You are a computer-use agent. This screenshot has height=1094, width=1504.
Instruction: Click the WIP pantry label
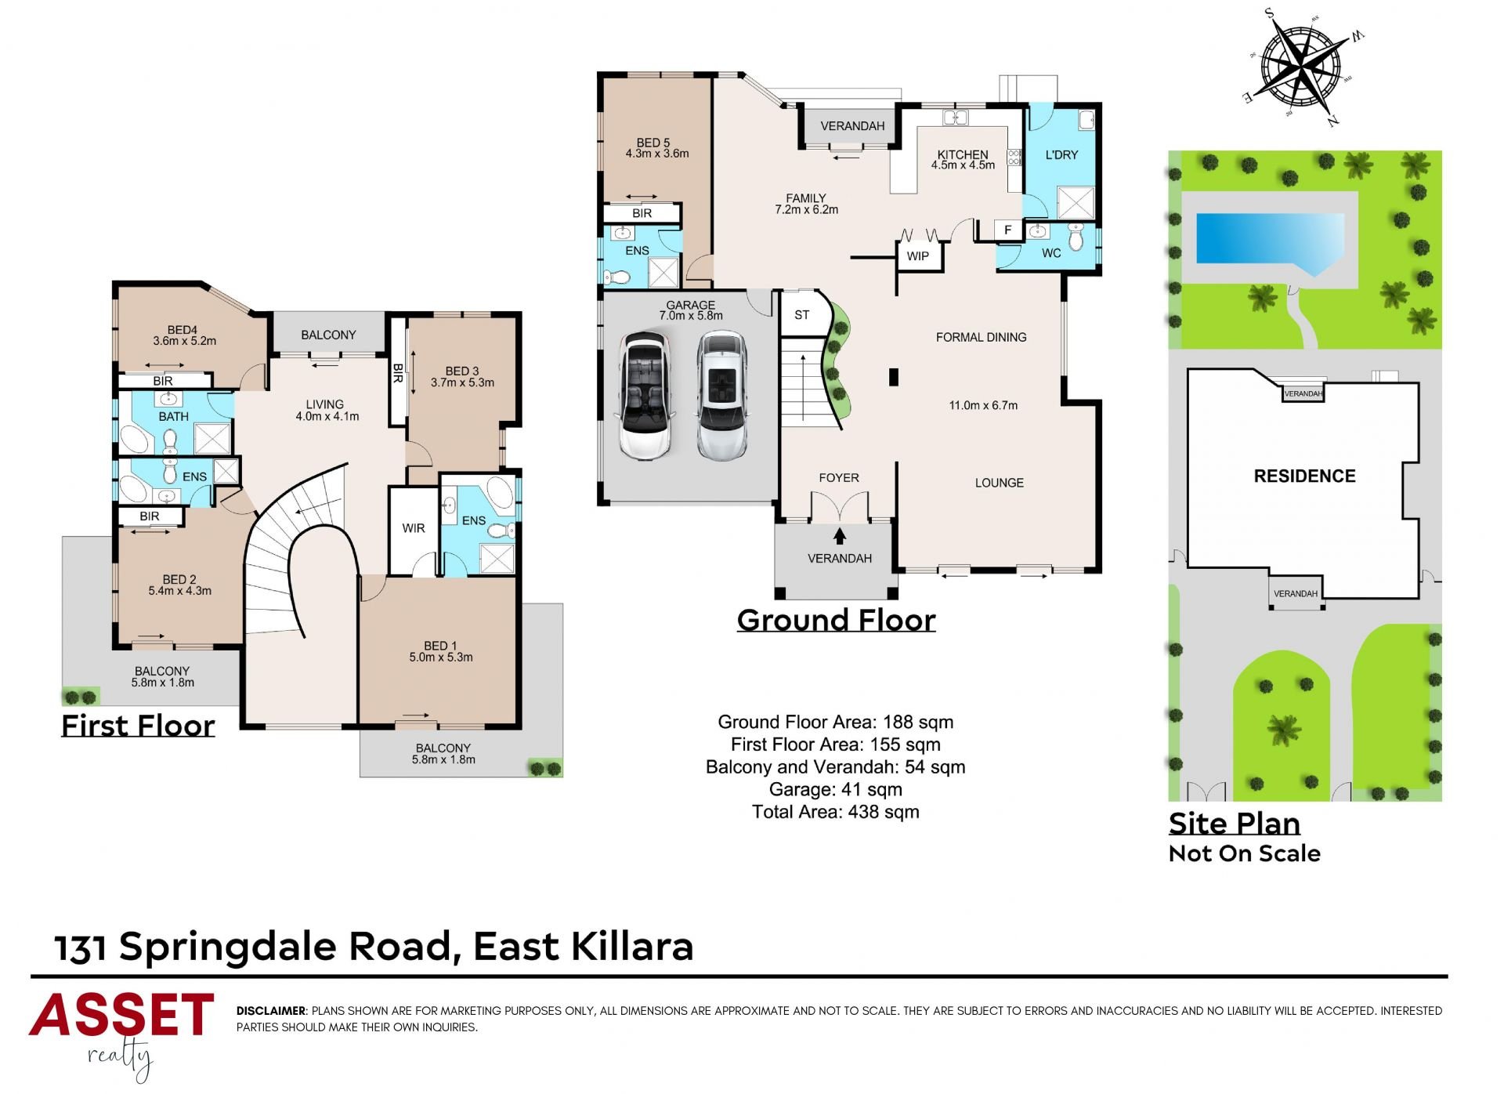pyautogui.click(x=918, y=256)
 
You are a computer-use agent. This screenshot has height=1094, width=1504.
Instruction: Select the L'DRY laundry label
pyautogui.click(x=1061, y=155)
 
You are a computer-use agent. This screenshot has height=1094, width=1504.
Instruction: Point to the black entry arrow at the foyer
pyautogui.click(x=840, y=535)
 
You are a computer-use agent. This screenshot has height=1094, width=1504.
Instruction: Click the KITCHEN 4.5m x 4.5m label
pyautogui.click(x=963, y=160)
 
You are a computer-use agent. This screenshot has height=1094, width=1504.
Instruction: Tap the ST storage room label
pyautogui.click(x=801, y=315)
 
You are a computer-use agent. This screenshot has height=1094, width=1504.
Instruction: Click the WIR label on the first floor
pyautogui.click(x=414, y=528)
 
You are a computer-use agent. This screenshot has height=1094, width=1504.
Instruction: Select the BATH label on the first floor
pyautogui.click(x=173, y=417)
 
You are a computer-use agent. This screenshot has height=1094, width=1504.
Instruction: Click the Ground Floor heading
pyautogui.click(x=836, y=620)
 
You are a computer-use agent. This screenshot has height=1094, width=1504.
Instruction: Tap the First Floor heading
pyautogui.click(x=138, y=726)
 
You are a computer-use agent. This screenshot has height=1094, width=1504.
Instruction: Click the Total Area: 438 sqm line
pyautogui.click(x=836, y=812)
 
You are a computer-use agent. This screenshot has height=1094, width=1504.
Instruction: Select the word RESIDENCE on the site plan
pyautogui.click(x=1304, y=476)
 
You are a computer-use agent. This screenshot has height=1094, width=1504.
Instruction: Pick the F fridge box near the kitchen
pyautogui.click(x=1008, y=230)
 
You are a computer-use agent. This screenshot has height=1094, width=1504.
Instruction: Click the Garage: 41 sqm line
pyautogui.click(x=836, y=790)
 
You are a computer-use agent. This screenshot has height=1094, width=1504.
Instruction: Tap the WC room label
pyautogui.click(x=1051, y=253)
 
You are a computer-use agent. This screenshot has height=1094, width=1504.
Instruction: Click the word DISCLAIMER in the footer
pyautogui.click(x=271, y=1011)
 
